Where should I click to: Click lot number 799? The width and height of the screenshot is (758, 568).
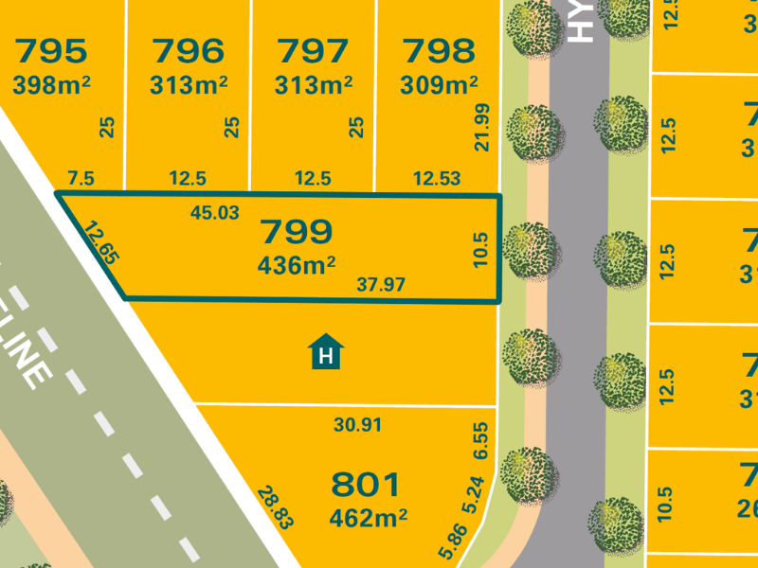coord(296,231)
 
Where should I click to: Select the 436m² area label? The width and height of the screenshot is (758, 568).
coord(297,266)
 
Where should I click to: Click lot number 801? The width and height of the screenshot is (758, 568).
coord(366,485)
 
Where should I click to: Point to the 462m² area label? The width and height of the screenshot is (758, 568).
coord(368,518)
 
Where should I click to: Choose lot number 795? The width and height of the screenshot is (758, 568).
coord(50,49)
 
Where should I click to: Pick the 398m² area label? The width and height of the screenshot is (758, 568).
coord(51,85)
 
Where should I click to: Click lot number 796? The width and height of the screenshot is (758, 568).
coord(188,49)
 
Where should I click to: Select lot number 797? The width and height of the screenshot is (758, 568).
coord(313,49)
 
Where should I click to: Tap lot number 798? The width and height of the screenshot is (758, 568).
coord(438,49)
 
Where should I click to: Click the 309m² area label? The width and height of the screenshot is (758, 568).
coord(439,85)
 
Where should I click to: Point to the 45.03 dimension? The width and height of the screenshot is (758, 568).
coord(214,213)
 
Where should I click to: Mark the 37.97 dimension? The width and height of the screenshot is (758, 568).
coord(381,284)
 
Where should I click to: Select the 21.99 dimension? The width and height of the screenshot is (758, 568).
coord(484,127)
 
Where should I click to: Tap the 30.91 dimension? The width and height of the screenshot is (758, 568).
coord(358,426)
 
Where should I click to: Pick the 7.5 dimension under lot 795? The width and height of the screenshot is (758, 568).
coord(81,178)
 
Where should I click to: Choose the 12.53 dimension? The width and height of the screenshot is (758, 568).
coord(436,178)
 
